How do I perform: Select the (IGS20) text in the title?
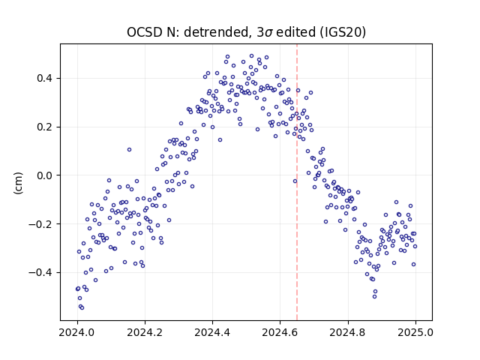tap(343, 32)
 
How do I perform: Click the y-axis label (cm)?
tap(18, 183)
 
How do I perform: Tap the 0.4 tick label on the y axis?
tap(44, 78)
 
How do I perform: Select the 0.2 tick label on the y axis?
tap(44, 127)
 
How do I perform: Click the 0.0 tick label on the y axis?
tap(44, 175)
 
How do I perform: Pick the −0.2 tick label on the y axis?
tap(40, 224)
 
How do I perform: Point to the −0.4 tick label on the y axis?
tap(40, 272)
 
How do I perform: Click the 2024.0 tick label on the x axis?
tap(77, 332)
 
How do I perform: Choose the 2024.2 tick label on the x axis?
tap(145, 332)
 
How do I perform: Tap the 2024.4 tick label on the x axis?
tap(212, 332)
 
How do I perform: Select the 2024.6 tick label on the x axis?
tap(280, 332)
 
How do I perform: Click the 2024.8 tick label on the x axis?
tap(348, 332)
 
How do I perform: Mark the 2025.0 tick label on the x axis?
tap(415, 332)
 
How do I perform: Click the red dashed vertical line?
tap(297, 182)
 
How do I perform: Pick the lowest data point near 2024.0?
tap(82, 308)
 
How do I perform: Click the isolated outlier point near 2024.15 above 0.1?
tap(130, 150)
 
